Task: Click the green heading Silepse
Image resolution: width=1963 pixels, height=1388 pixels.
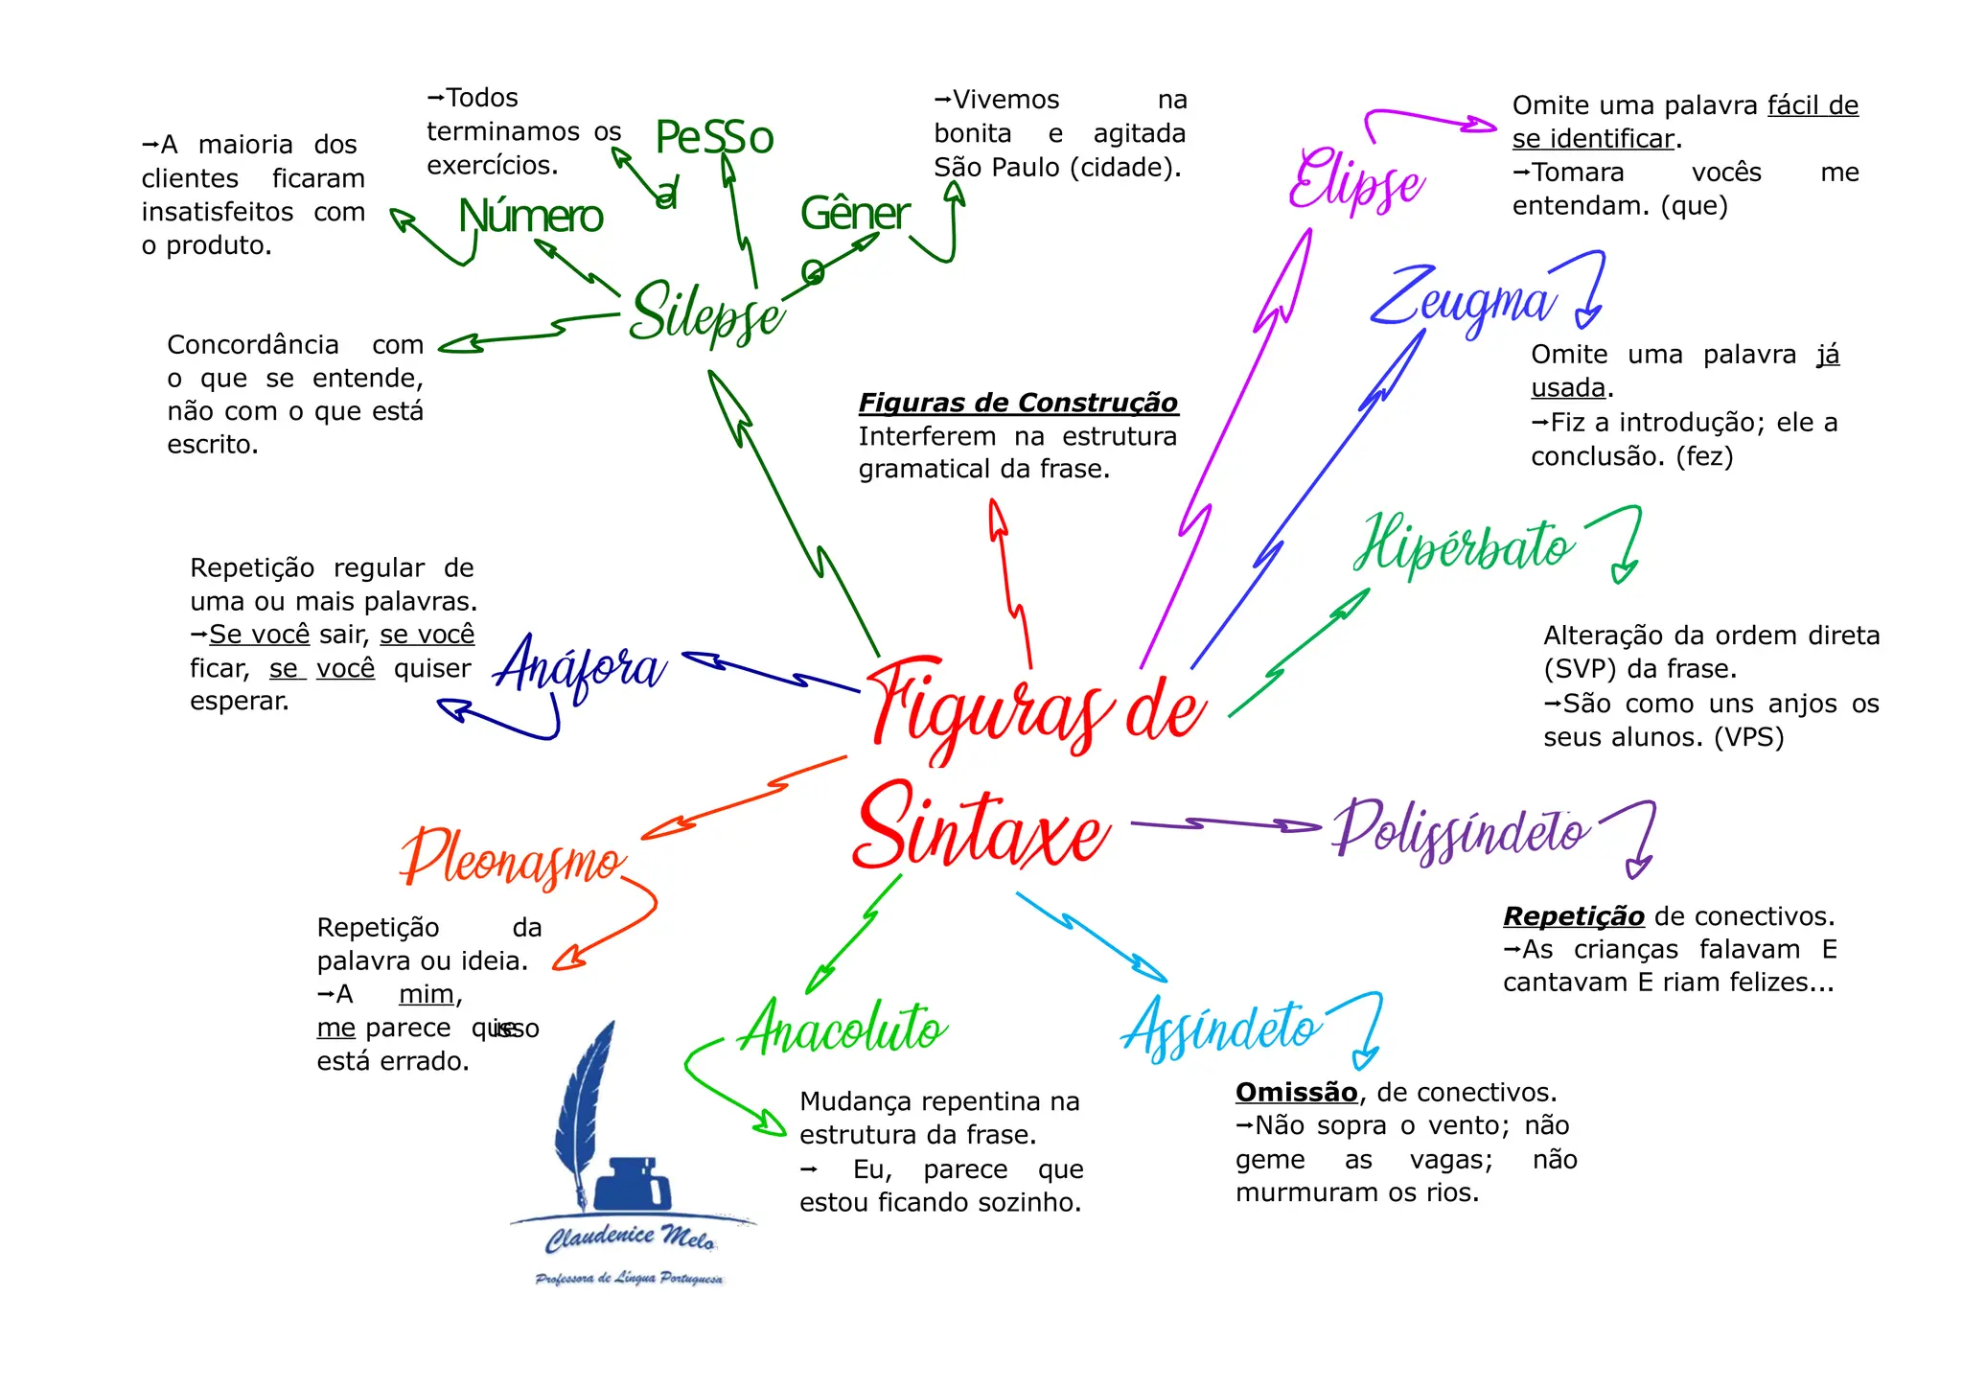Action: [706, 312]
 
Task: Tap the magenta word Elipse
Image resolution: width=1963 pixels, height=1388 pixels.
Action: [1355, 182]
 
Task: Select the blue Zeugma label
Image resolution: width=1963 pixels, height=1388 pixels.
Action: [1461, 299]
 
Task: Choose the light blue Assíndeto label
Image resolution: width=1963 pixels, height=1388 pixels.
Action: [1221, 1028]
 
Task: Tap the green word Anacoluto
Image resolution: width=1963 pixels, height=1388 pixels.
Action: [843, 1029]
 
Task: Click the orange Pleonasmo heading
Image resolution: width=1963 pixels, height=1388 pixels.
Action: [513, 858]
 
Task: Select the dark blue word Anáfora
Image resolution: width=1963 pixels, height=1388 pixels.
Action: [579, 665]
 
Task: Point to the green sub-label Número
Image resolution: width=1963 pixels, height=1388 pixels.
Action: [530, 217]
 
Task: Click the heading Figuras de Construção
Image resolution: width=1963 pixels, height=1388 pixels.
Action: [1018, 403]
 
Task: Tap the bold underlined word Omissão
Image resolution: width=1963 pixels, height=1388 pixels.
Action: [1296, 1093]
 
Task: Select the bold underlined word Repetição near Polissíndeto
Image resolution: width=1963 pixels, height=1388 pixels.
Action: [1573, 916]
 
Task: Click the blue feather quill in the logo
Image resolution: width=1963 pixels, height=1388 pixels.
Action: [583, 1112]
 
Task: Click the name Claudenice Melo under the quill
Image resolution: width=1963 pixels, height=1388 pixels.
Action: [630, 1238]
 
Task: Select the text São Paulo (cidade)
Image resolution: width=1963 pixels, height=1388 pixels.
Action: [1057, 168]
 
